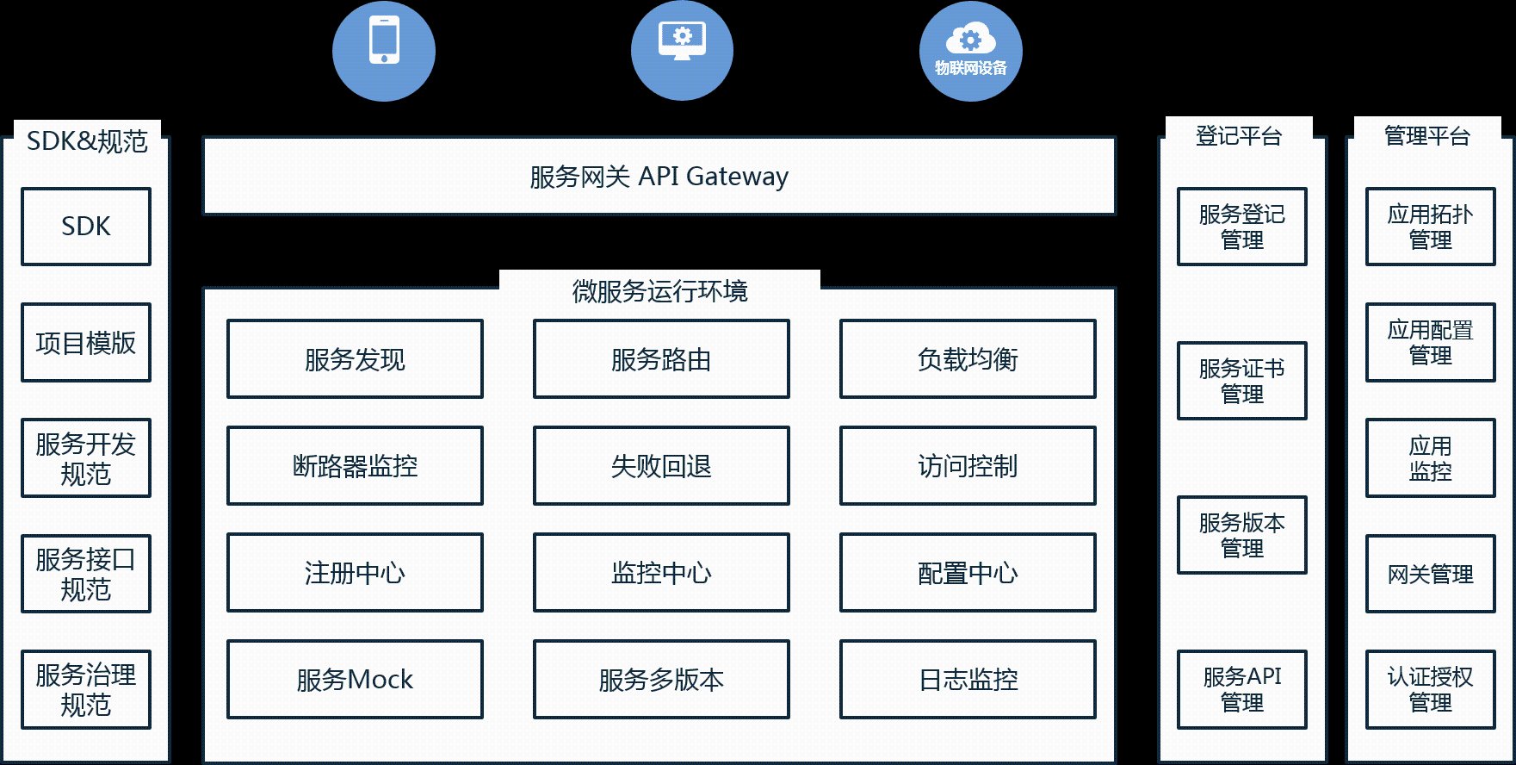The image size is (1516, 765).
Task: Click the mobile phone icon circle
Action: [384, 50]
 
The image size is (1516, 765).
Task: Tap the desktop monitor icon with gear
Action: [682, 50]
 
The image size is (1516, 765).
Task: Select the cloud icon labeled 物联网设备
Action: [970, 50]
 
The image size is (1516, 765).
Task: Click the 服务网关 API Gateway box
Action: [659, 176]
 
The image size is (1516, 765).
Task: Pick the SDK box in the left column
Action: [86, 227]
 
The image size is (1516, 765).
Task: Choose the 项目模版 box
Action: [86, 342]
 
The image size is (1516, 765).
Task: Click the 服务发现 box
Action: [355, 359]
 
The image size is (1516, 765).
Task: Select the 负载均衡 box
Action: [968, 359]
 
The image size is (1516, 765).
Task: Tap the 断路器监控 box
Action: [355, 466]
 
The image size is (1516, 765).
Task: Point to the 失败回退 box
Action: [661, 466]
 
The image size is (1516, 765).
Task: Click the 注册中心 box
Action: [355, 573]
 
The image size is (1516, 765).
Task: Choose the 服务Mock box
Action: [355, 680]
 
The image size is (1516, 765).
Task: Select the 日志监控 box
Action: [968, 680]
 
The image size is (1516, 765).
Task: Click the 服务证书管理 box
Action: [1242, 381]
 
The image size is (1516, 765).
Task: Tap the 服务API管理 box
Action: [1242, 689]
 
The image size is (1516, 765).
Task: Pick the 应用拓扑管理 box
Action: [1431, 227]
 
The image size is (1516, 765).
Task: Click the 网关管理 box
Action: [1431, 574]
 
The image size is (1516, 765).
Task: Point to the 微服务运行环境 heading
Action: [659, 291]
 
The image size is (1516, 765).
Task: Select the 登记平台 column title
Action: [1239, 136]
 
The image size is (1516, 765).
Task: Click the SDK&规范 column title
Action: [87, 141]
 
